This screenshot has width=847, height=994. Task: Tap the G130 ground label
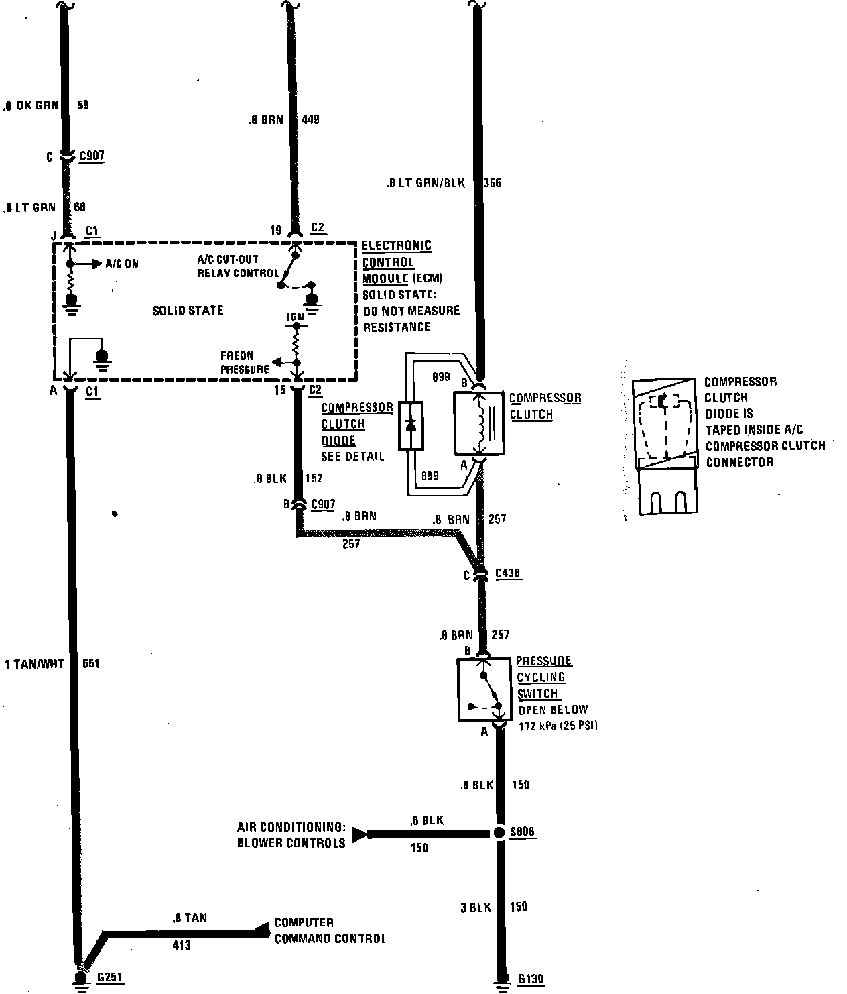[x=531, y=979]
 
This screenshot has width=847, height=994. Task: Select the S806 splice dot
[x=499, y=832]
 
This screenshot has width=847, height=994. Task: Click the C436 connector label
[x=508, y=573]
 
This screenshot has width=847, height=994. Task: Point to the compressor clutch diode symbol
[x=410, y=426]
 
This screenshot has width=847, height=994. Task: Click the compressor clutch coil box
[x=478, y=423]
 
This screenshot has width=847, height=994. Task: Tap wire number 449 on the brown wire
[x=310, y=120]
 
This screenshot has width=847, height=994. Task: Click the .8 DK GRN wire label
[x=31, y=105]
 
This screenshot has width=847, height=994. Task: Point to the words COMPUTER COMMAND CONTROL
[x=330, y=930]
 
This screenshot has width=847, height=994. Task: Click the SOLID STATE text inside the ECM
[x=188, y=310]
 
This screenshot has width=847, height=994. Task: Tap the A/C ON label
[x=122, y=264]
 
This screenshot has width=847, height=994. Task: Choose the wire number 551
[x=90, y=664]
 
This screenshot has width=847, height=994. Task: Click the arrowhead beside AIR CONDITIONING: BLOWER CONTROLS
[x=360, y=834]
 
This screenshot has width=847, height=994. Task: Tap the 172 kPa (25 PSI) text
[x=558, y=726]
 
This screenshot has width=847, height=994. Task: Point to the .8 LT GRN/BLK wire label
[x=425, y=182]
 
